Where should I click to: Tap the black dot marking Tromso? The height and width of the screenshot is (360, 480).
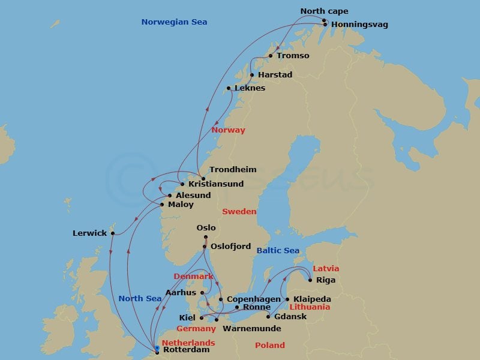tap(271, 56)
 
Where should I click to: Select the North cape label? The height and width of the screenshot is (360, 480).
tap(324, 11)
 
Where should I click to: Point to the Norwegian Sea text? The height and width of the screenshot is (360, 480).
tap(174, 22)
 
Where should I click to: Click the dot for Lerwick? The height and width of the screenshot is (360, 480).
tap(112, 233)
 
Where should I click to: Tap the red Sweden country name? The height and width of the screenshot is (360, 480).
tap(239, 212)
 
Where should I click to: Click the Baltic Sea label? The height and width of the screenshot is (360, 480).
tap(277, 250)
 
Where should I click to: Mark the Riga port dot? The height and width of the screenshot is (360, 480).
tap(310, 280)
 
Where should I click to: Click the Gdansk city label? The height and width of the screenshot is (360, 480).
tap(290, 317)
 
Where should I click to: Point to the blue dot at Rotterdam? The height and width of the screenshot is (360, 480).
tap(157, 348)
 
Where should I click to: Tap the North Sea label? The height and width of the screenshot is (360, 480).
tap(140, 298)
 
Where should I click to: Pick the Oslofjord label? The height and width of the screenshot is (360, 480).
tap(230, 247)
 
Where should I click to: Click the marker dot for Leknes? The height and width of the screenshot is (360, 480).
tap(229, 88)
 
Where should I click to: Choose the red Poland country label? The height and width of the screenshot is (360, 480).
tap(269, 346)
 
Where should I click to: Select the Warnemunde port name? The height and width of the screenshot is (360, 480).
tap(245, 329)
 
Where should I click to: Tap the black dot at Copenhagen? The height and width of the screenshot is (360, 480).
tap(221, 299)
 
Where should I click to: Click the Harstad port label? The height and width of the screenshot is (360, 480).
tap(275, 75)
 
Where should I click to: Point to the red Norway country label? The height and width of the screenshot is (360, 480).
tap(228, 130)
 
